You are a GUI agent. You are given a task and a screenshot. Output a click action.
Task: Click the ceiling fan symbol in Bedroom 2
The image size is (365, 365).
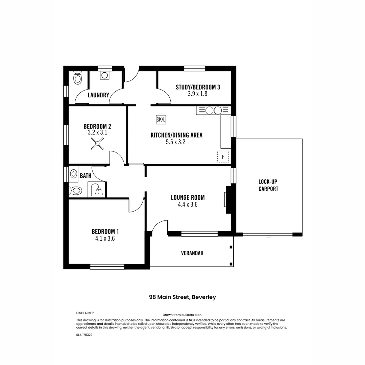click(x=97, y=144)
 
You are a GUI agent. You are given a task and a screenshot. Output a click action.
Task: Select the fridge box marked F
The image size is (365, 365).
click(x=223, y=157)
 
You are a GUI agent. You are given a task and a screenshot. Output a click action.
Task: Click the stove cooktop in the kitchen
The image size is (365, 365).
click(x=213, y=111)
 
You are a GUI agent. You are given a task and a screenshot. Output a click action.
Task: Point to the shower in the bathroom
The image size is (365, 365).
click(x=97, y=190)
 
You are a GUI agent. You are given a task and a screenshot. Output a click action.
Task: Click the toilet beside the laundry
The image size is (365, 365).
click(x=78, y=79)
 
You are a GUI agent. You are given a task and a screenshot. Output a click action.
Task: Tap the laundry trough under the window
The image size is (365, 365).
click(x=105, y=75)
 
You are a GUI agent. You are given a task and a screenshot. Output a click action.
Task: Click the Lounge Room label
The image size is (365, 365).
click(x=188, y=198)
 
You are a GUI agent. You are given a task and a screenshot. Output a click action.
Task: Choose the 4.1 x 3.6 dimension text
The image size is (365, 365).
click(x=105, y=239)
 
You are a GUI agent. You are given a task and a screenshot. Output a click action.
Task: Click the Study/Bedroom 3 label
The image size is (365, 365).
click(x=198, y=87)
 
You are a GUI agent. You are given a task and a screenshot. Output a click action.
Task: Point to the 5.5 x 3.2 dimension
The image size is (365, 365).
click(x=176, y=142)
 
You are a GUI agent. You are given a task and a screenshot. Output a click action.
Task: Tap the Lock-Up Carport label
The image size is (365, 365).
click(x=268, y=185)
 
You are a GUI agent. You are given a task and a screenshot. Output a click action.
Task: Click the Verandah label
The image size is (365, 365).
click(x=192, y=253)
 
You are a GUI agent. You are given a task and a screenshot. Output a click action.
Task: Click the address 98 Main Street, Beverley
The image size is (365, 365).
click(x=182, y=297)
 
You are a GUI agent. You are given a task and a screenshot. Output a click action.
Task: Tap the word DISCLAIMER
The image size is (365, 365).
click(x=85, y=313)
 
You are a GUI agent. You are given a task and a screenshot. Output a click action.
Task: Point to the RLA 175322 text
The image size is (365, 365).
click(x=84, y=335)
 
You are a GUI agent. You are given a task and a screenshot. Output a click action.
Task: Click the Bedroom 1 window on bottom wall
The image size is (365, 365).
click(x=107, y=267)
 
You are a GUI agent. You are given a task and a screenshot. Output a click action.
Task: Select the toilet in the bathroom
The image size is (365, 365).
click(x=76, y=191)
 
